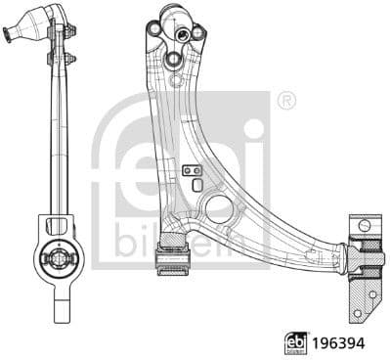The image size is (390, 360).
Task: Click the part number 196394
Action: tap(340, 342)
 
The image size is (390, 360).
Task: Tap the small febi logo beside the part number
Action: tap(294, 342)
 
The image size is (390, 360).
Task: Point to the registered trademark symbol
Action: tap(285, 100)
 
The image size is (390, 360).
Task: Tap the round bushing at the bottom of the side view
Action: tap(58, 258)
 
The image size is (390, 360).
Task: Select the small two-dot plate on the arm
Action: tap(192, 170)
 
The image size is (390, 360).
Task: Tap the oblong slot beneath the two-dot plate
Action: tap(197, 185)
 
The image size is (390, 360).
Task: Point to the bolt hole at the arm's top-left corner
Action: tap(155, 31)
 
